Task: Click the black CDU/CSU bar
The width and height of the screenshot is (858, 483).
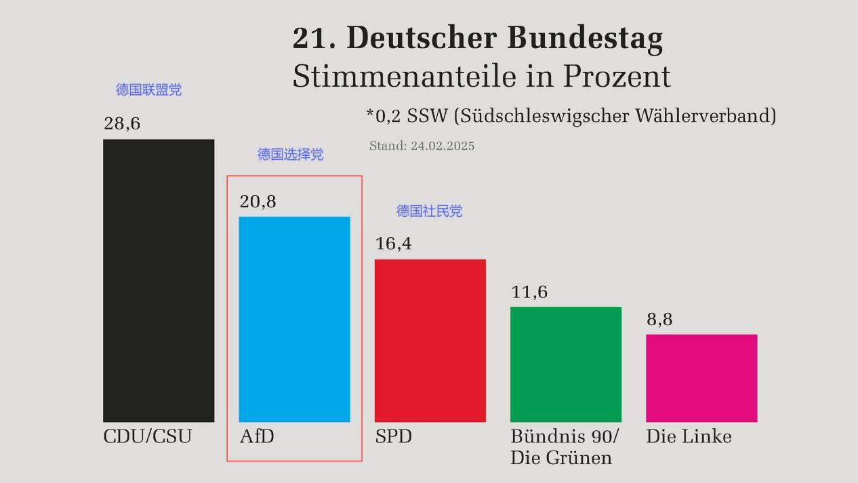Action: coord(159,280)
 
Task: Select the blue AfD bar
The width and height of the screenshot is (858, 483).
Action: coord(294,319)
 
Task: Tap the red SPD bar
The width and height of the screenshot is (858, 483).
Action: coord(430,340)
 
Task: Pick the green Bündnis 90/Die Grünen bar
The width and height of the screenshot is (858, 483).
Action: coord(565,364)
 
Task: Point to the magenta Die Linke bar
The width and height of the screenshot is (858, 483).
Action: coord(701,377)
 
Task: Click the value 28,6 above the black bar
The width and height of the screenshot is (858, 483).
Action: coord(122,124)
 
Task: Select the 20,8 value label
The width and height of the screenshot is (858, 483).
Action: coord(258,202)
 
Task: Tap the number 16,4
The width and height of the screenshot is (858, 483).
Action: coord(393,244)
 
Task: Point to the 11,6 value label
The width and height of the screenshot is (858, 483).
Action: coord(529,292)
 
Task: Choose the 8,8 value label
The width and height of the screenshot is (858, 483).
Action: coord(659,320)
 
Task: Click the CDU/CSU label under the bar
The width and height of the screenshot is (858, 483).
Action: coord(147,437)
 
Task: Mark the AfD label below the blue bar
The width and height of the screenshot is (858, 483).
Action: coord(257,437)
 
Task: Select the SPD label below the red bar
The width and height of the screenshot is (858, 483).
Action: coord(393,437)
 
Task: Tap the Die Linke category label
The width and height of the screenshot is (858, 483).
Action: coord(689,437)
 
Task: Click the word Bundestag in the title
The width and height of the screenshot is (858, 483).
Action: coord(585,39)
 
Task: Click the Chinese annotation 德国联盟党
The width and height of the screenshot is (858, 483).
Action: coord(148,89)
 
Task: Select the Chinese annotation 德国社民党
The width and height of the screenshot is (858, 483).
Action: coord(429,211)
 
